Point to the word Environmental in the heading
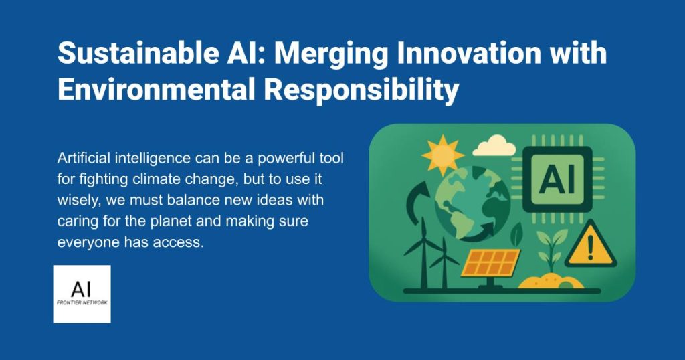(x=157, y=90)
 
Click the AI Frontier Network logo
(x=82, y=294)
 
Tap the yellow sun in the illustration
(x=442, y=155)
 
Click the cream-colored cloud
(x=494, y=146)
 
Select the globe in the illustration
(x=472, y=203)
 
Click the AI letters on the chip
(x=557, y=179)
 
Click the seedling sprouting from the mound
(x=551, y=250)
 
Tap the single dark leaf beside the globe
(x=517, y=234)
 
